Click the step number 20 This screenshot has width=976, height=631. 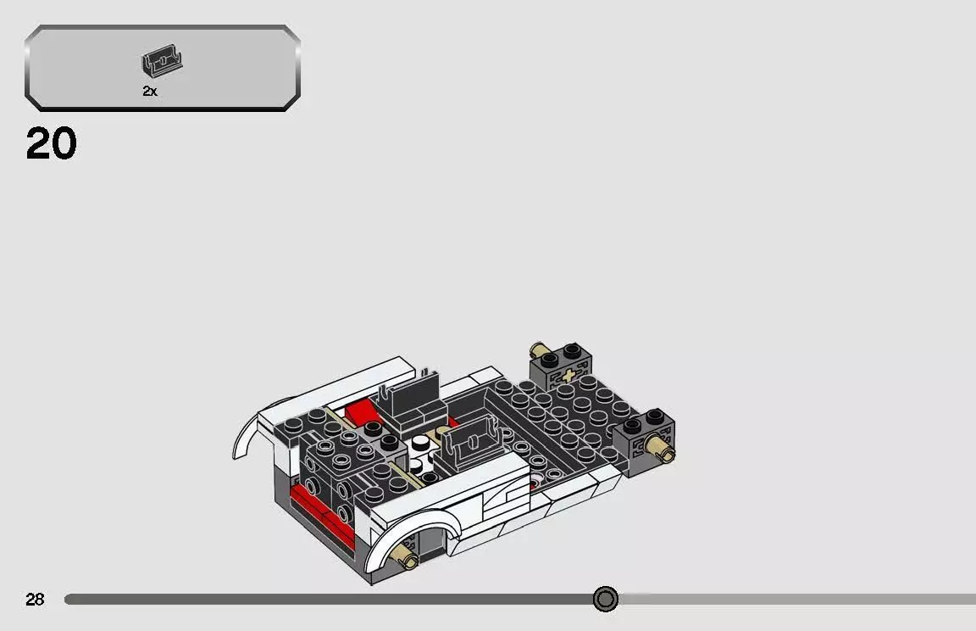(51, 144)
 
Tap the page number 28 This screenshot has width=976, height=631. (35, 600)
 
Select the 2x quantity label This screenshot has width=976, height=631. (150, 92)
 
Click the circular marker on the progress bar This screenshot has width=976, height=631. (605, 600)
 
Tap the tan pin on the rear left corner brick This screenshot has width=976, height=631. (540, 350)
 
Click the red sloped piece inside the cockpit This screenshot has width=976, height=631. (360, 411)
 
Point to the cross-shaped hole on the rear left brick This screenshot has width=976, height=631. (566, 375)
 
